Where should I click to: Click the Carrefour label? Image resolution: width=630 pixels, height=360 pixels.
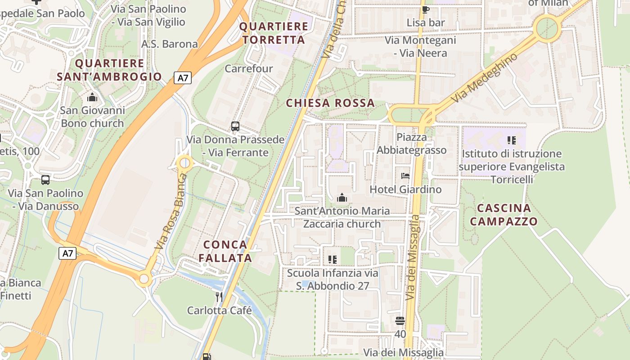click(x=248, y=68)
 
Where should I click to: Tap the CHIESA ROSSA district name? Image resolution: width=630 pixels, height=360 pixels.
click(x=330, y=103)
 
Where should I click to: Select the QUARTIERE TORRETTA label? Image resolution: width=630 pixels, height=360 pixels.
click(x=274, y=33)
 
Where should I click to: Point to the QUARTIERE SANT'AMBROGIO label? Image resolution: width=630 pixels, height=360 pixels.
click(x=109, y=70)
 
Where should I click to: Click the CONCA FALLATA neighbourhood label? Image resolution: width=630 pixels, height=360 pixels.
click(x=225, y=251)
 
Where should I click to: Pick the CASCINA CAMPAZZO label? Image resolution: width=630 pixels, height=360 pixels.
click(x=507, y=215)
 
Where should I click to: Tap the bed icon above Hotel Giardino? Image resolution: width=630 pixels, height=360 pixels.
click(x=405, y=176)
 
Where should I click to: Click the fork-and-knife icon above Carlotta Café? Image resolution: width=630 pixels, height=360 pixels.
click(x=219, y=297)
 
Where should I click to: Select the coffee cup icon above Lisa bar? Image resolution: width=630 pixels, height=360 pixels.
click(x=425, y=9)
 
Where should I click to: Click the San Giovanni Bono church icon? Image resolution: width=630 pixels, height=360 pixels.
click(x=92, y=97)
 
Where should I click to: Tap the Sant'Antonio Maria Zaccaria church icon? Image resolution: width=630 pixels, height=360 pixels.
click(x=342, y=198)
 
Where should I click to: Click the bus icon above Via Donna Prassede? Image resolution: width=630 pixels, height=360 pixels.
click(x=235, y=126)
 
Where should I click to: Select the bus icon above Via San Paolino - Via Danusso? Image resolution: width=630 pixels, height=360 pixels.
click(x=45, y=180)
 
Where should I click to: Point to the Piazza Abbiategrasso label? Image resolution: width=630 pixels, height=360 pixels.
click(x=412, y=144)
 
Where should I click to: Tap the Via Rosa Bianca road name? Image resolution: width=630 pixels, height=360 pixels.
click(x=170, y=211)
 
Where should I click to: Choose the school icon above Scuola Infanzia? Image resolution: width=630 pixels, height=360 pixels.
click(x=333, y=260)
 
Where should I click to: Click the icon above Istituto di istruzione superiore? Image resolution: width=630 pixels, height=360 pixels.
click(x=511, y=140)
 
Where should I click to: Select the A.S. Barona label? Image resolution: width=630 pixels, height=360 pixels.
click(x=170, y=44)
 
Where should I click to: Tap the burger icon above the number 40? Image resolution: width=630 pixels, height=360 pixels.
click(x=400, y=321)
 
